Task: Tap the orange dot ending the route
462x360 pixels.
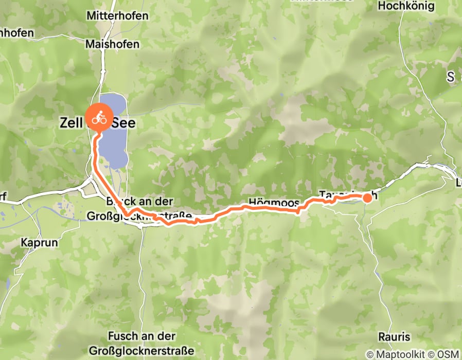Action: click(x=367, y=197)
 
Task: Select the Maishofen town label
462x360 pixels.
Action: click(x=113, y=44)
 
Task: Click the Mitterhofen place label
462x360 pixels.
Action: click(x=113, y=16)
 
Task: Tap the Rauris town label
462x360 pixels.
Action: click(x=394, y=337)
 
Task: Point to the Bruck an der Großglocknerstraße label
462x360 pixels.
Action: click(x=148, y=208)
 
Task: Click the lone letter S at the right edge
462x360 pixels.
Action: click(x=451, y=78)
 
